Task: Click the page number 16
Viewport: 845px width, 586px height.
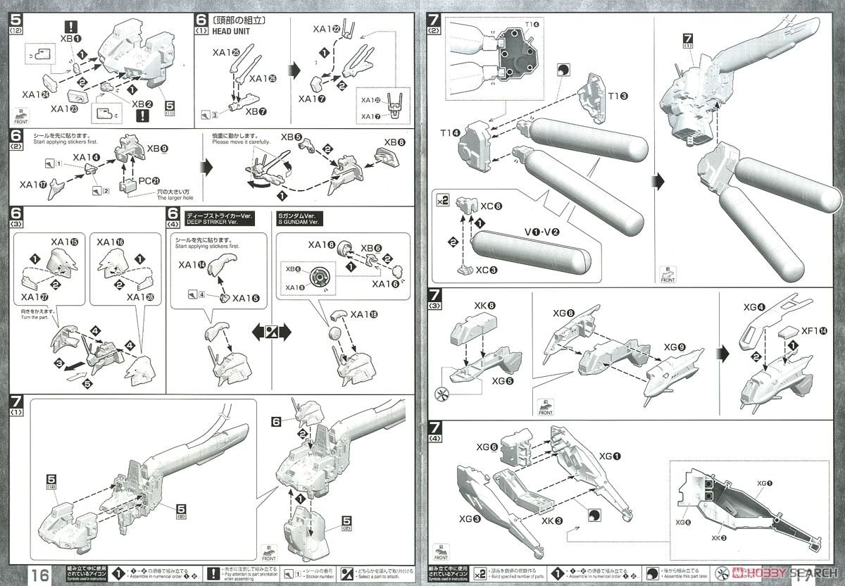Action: [39, 574]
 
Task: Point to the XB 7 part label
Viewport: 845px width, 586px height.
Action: [256, 111]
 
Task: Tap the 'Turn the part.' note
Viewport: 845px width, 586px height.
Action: [37, 316]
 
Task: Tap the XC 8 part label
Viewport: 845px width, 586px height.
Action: [492, 207]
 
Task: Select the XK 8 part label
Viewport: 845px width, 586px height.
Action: [484, 306]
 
